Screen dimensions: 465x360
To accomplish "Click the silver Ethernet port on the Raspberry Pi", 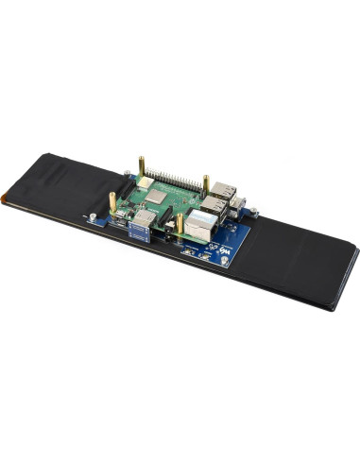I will (201, 224).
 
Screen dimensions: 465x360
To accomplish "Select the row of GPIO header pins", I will (175, 180).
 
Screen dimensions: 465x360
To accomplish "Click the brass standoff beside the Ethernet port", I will (180, 224).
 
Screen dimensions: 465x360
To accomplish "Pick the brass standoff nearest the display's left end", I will (112, 202).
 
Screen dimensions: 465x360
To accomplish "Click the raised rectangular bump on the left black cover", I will (57, 180).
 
